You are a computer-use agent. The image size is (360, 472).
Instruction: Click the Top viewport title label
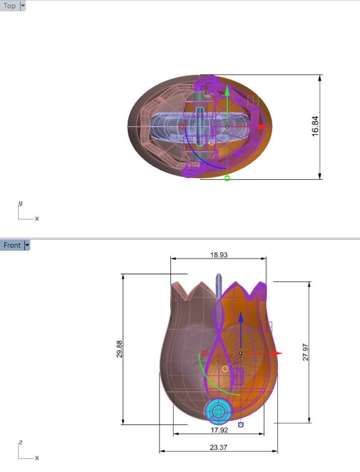coord(10,6)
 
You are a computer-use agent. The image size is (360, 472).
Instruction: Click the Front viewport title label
coord(12,245)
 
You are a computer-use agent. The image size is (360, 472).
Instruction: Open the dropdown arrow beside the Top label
coord(23,6)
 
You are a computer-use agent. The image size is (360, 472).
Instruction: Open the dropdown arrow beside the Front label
coord(28,245)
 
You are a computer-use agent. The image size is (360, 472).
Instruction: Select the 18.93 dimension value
coord(219,255)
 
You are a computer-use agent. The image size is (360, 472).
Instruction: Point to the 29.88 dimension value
coord(119,349)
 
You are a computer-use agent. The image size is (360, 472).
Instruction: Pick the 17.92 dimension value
coord(219,430)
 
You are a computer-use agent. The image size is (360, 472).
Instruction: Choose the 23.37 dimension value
coord(219,447)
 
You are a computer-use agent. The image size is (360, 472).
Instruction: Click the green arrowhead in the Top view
coord(227,90)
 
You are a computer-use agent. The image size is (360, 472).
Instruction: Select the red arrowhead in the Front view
coord(277,353)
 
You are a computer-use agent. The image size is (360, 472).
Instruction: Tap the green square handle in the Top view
coord(227,178)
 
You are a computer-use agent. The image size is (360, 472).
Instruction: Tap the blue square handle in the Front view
coord(241,424)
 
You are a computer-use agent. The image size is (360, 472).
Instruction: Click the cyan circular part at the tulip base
coord(218,412)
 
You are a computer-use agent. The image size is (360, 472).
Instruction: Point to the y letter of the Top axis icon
coord(20,203)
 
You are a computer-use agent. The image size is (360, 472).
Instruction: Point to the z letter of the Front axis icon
coord(20,442)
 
